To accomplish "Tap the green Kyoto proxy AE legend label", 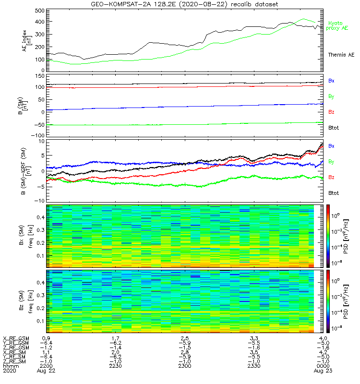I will [337, 25].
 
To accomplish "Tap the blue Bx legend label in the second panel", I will [331, 81].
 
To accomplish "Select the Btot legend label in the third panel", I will [333, 192].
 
